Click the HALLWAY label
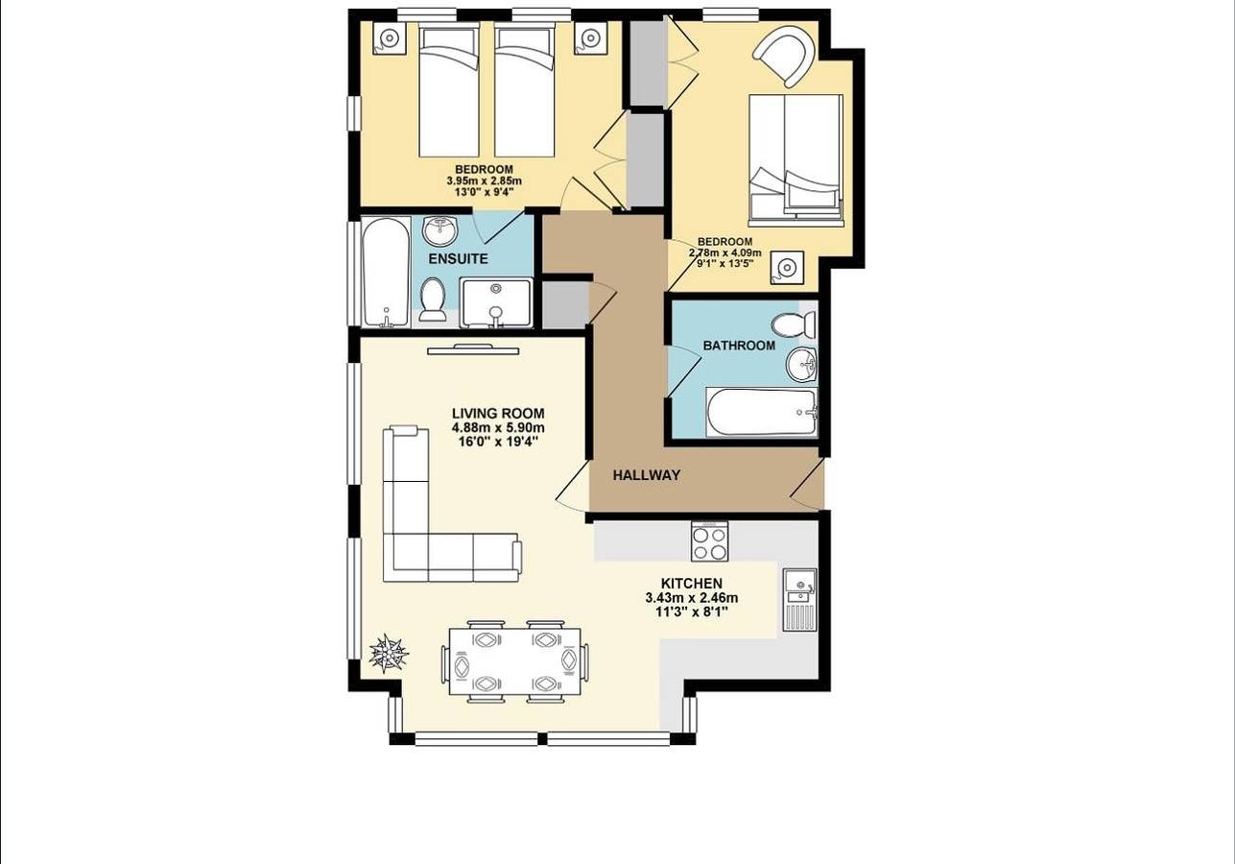pos(646,475)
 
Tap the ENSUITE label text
pos(458,259)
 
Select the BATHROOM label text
pos(739,346)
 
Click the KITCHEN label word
pos(691,584)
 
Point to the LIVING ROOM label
pos(498,414)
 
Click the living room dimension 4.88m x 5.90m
pos(498,428)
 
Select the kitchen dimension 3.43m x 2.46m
pos(691,598)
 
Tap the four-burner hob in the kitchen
pos(710,541)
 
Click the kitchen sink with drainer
pos(799,599)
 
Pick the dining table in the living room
pos(515,661)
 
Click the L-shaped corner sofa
pos(432,538)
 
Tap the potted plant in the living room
pos(389,654)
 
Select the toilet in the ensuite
pos(433,299)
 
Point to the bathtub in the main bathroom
pos(762,412)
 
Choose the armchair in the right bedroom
pos(785,56)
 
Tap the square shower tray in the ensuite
pos(495,302)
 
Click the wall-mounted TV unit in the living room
pos(473,348)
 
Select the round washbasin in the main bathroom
pos(801,365)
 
